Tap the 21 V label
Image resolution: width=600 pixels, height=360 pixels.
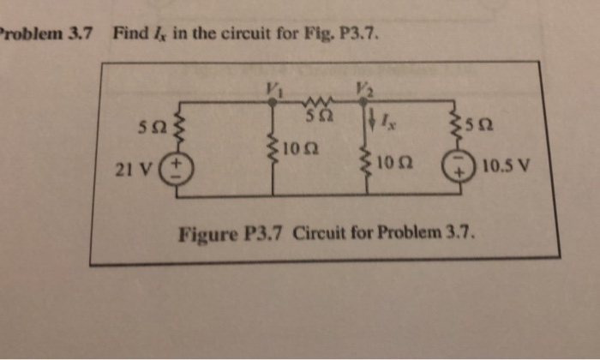(x=141, y=166)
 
